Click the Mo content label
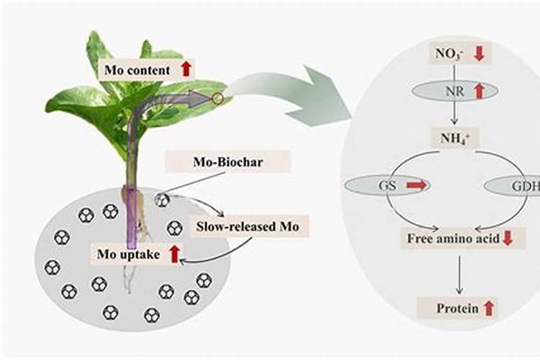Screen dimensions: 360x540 coord(138,70)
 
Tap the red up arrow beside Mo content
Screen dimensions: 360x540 coord(186,69)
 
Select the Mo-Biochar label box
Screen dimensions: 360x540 coord(228,161)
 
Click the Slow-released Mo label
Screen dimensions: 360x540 coord(252,227)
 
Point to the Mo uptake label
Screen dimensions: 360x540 coord(128,253)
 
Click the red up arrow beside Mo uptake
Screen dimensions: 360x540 coord(174,253)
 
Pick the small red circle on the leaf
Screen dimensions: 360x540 coord(218,98)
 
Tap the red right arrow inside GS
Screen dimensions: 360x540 coord(416,185)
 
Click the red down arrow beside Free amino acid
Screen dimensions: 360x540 coord(507,238)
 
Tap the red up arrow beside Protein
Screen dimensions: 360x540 coord(489,308)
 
